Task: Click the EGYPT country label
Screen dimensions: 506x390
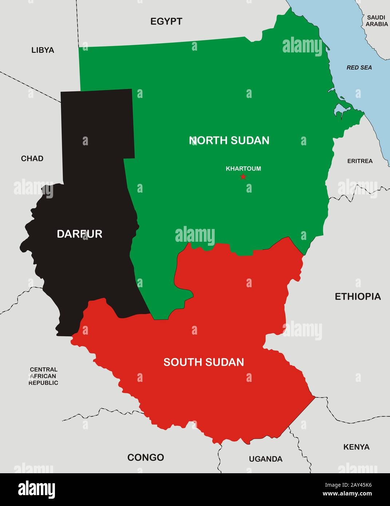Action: point(166,21)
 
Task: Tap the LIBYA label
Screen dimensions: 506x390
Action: point(43,50)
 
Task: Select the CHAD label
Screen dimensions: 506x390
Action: point(32,158)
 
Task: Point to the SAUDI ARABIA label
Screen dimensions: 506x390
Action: point(377,21)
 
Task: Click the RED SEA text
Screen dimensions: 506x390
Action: point(359,68)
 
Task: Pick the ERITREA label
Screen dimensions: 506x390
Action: point(360,161)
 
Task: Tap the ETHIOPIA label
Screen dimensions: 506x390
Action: point(358,296)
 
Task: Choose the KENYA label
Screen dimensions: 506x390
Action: point(356,447)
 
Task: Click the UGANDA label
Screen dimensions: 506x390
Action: point(266,459)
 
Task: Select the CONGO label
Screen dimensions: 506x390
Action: point(146,457)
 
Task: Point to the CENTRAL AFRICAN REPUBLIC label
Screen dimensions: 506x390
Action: point(43,376)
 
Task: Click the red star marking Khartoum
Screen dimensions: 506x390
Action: point(243,177)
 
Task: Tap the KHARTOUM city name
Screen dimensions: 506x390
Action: point(243,169)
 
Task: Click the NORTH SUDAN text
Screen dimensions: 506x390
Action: point(229,140)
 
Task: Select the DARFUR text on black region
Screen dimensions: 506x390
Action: point(79,234)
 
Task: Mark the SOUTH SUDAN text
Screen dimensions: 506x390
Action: point(203,362)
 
